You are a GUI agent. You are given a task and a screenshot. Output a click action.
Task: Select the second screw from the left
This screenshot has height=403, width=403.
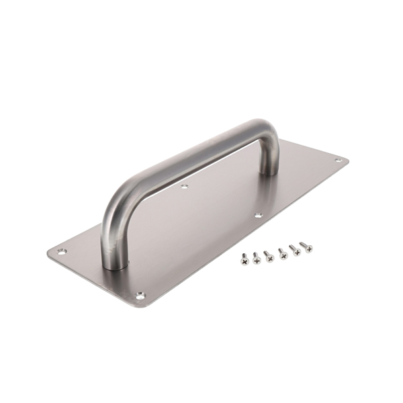[x=257, y=256]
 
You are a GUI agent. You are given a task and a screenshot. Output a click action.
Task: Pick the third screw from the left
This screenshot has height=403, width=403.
[x=269, y=255]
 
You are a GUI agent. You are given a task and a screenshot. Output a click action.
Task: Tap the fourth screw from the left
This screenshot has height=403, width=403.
[x=282, y=252]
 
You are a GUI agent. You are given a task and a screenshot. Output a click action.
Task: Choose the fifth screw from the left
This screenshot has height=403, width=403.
[x=294, y=249]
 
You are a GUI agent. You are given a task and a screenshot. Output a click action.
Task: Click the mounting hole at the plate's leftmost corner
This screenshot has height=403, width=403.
[x=61, y=252]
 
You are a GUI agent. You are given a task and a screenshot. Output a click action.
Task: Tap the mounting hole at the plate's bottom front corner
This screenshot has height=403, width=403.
[x=140, y=295]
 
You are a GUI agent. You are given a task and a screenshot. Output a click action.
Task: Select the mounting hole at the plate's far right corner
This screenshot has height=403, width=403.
[x=337, y=160]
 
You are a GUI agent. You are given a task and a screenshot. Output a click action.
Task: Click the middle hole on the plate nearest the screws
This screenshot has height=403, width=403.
[x=259, y=216]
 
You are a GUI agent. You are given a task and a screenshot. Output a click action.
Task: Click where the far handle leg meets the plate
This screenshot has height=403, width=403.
[x=269, y=172]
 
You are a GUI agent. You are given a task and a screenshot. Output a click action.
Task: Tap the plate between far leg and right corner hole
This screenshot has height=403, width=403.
[x=306, y=168]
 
